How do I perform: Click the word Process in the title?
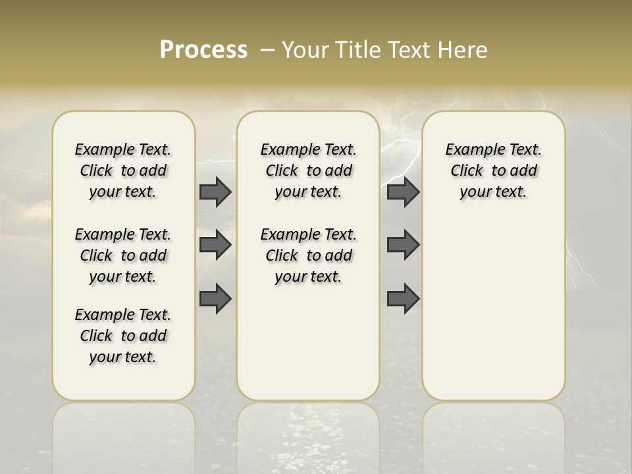[x=203, y=50]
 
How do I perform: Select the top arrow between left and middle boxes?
[x=215, y=192]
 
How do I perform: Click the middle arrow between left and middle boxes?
[x=215, y=245]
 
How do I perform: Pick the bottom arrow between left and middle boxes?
[x=215, y=298]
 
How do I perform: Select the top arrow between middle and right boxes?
[x=403, y=192]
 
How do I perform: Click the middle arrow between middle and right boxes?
[x=403, y=245]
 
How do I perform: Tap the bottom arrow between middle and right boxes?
[x=403, y=298]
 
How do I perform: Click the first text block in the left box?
[x=123, y=171]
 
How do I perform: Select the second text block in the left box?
[x=123, y=255]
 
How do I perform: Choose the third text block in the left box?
[x=123, y=336]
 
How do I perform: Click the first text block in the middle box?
[x=308, y=171]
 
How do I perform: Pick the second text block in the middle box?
[x=308, y=255]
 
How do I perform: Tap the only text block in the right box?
[x=493, y=171]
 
